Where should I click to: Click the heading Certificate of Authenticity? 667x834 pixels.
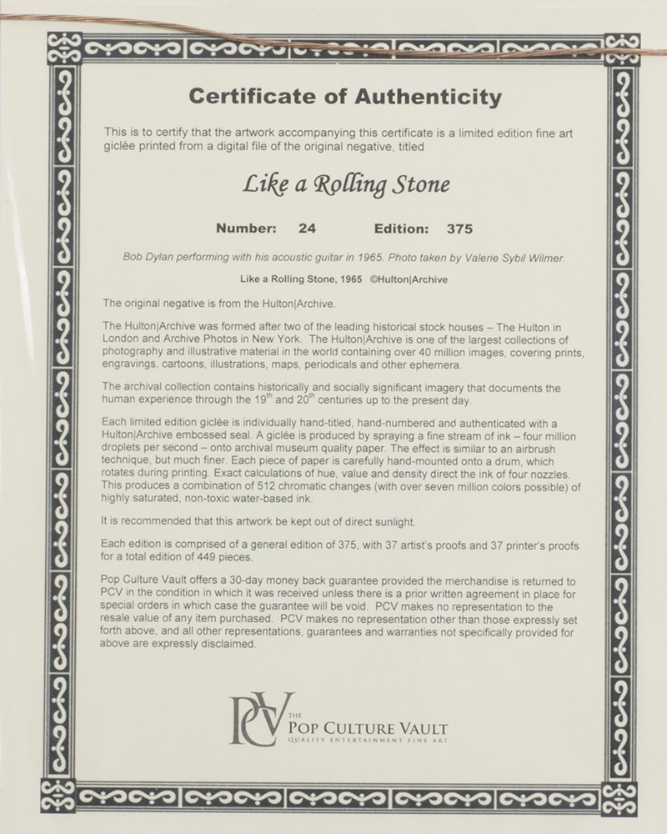tap(345, 98)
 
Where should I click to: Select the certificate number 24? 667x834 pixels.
tap(306, 227)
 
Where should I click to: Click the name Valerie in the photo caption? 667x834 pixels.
tap(479, 259)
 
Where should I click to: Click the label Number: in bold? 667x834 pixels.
tap(246, 227)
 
